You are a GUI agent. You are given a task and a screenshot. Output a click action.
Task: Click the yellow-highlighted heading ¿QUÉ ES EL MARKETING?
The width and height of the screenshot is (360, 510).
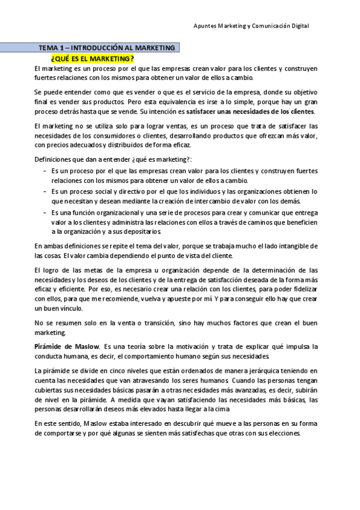pos(92,58)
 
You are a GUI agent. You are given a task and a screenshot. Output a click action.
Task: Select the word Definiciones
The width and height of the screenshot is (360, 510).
pos(53,158)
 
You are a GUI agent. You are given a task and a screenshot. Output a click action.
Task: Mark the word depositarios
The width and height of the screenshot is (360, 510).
pos(143,231)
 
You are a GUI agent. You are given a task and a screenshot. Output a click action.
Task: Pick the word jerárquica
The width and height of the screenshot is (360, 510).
pos(258,372)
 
